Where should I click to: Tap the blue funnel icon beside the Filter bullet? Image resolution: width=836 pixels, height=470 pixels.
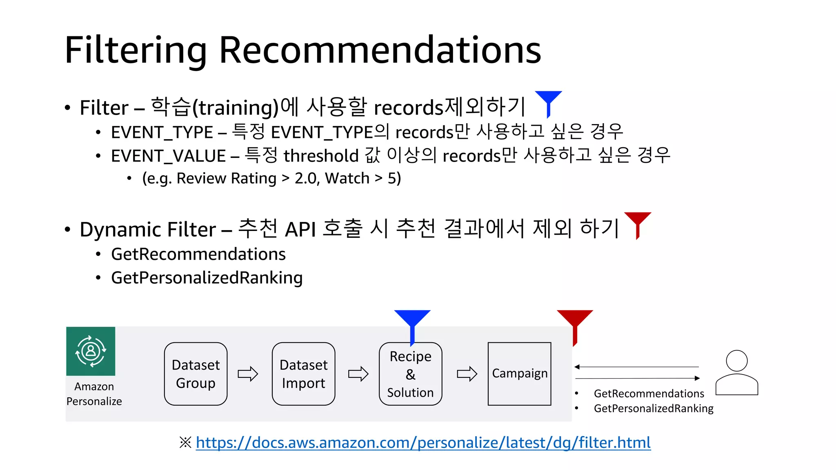pyautogui.click(x=548, y=102)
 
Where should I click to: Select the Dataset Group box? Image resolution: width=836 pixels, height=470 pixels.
pyautogui.click(x=196, y=374)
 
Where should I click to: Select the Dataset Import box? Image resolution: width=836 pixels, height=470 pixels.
pyautogui.click(x=303, y=374)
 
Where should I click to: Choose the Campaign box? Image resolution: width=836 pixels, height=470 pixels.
pyautogui.click(x=519, y=374)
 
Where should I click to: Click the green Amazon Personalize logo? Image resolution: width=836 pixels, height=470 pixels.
pyautogui.click(x=91, y=351)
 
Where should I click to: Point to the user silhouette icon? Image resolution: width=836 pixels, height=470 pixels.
pyautogui.click(x=736, y=372)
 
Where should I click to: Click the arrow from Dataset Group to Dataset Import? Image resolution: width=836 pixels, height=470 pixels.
pyautogui.click(x=248, y=374)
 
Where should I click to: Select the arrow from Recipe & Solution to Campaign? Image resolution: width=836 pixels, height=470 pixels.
pyautogui.click(x=467, y=374)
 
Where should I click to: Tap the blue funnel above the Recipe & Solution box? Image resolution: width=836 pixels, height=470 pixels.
pyautogui.click(x=412, y=322)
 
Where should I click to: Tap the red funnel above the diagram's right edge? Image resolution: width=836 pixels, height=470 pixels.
pyautogui.click(x=575, y=322)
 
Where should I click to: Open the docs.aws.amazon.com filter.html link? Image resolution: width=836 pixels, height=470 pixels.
pyautogui.click(x=423, y=442)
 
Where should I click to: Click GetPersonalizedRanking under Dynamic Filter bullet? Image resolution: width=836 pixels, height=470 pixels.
pyautogui.click(x=207, y=278)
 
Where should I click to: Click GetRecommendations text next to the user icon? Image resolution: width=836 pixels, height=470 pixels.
pyautogui.click(x=649, y=394)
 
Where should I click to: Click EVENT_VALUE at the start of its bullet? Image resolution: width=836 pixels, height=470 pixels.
pyautogui.click(x=168, y=156)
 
